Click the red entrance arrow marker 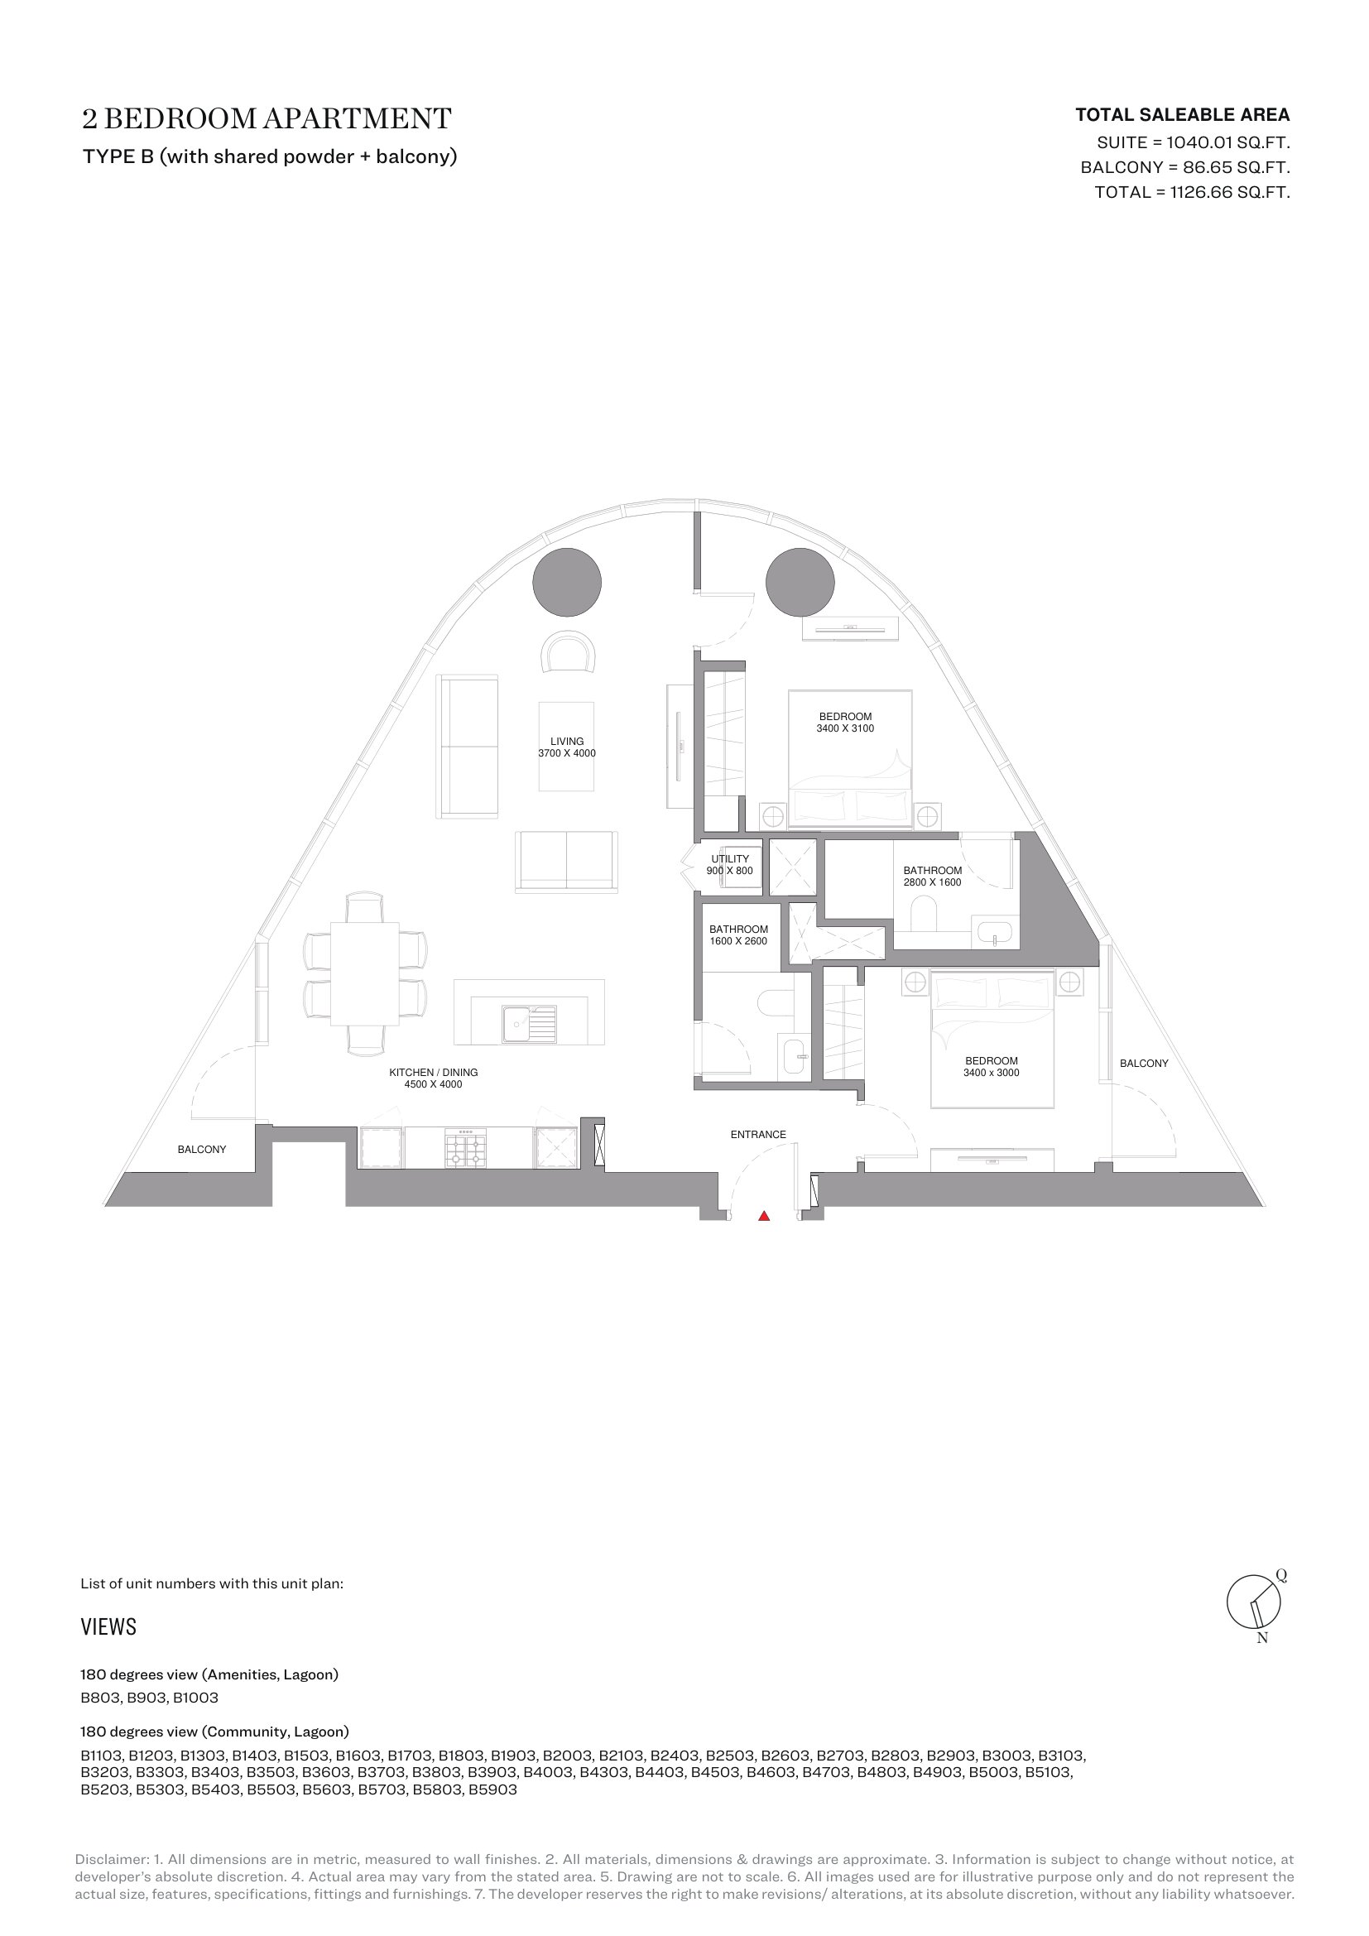point(764,1215)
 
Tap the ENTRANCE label point(758,1134)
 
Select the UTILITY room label point(730,858)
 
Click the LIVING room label point(566,741)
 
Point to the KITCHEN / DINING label point(433,1072)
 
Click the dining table point(364,974)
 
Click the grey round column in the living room point(566,582)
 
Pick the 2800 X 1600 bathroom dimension point(932,882)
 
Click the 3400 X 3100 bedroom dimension point(845,728)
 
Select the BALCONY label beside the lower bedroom point(1144,1064)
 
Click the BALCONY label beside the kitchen point(201,1149)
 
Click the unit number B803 point(100,1698)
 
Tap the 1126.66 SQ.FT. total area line point(1192,192)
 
